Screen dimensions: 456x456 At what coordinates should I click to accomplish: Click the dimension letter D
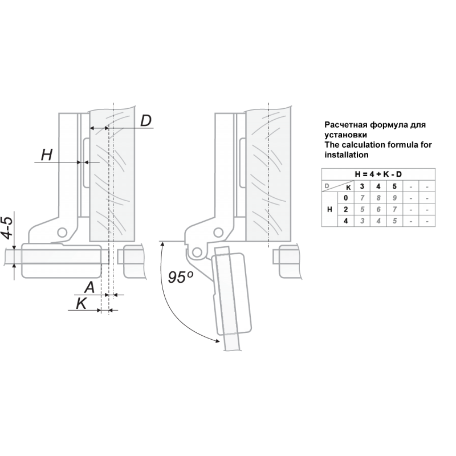[x=146, y=120]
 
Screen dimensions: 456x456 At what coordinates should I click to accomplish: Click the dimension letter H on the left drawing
[x=47, y=154]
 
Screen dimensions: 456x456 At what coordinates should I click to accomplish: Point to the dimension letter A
[x=89, y=287]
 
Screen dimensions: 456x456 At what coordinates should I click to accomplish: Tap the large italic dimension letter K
[x=82, y=304]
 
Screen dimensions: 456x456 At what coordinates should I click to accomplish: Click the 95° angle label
[x=180, y=276]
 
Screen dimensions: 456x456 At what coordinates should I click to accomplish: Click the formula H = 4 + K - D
[x=378, y=174]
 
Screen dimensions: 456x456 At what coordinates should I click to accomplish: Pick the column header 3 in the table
[x=362, y=186]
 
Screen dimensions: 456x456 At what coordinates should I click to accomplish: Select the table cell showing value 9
[x=394, y=198]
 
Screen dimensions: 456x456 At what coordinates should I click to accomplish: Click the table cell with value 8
[x=378, y=198]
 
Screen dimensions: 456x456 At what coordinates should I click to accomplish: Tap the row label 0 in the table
[x=345, y=198]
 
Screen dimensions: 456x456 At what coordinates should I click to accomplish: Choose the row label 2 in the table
[x=345, y=209]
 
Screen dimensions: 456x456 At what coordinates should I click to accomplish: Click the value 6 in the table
[x=378, y=209]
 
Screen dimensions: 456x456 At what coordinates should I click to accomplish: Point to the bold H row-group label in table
[x=329, y=209]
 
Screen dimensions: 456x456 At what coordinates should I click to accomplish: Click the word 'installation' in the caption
[x=347, y=154]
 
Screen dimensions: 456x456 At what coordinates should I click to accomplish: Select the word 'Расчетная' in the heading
[x=346, y=125]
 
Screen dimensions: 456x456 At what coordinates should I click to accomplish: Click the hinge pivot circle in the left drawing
[x=62, y=233]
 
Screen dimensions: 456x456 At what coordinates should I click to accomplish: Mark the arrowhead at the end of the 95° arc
[x=217, y=340]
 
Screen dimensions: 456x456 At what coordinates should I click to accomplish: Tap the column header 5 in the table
[x=394, y=186]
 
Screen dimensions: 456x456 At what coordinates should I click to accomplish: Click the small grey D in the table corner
[x=327, y=186]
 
